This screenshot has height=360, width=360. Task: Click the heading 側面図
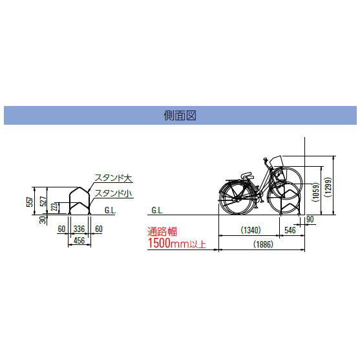click(x=180, y=115)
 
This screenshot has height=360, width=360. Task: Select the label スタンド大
click(x=114, y=178)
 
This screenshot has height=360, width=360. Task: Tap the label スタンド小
click(x=114, y=193)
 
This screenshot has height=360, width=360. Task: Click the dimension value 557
click(x=30, y=202)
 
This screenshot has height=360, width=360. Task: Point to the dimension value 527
click(x=43, y=202)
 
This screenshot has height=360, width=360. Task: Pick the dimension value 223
click(x=54, y=207)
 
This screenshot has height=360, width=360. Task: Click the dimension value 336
click(x=79, y=229)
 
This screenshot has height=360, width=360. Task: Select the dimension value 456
click(x=79, y=240)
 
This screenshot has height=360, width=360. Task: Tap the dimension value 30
click(x=43, y=220)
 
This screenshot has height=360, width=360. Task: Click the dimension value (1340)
click(x=251, y=230)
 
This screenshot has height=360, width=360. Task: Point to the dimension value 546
click(x=290, y=230)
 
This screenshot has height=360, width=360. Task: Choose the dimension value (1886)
click(x=263, y=244)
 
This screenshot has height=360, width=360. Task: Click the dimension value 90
click(x=310, y=220)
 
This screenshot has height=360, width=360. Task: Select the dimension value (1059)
click(x=316, y=192)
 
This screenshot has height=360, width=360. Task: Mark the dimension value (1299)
click(x=328, y=187)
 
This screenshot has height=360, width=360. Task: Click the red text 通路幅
click(x=162, y=231)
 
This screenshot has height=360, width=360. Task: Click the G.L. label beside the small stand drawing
click(x=111, y=210)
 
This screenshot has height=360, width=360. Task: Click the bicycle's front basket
click(x=277, y=162)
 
